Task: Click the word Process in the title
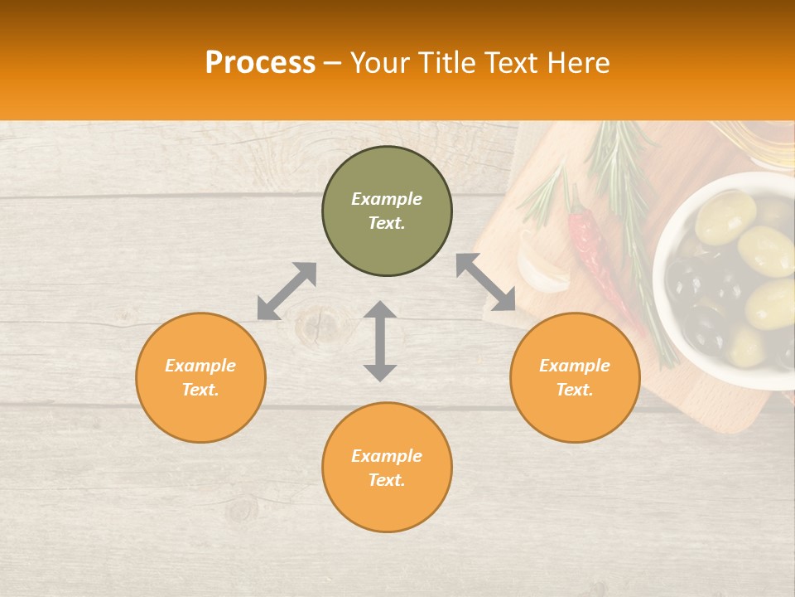[x=260, y=63]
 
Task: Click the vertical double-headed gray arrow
[x=380, y=342]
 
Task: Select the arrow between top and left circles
[x=287, y=291]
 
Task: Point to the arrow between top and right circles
[x=486, y=282]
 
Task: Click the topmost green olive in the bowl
[x=725, y=216]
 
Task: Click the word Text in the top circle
[x=387, y=223]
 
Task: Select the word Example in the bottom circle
[x=387, y=455]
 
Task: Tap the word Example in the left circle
[x=200, y=365]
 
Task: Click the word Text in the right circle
[x=575, y=390]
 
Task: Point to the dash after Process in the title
[x=333, y=64]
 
